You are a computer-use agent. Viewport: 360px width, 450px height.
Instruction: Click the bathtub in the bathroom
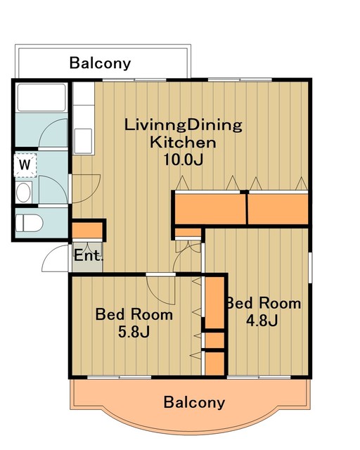(41, 98)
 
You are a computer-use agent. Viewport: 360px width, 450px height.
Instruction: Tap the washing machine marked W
(25, 165)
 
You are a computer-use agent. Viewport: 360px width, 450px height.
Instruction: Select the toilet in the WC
(29, 224)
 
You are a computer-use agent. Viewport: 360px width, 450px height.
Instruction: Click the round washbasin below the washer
(23, 192)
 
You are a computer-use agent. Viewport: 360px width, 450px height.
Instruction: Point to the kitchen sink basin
(83, 141)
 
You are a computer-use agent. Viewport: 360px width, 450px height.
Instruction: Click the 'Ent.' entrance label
(88, 255)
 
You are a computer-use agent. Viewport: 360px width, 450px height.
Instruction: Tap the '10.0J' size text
(183, 160)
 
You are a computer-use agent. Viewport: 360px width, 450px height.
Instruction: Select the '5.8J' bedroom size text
(134, 332)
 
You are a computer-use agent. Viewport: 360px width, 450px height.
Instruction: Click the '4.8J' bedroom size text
(262, 321)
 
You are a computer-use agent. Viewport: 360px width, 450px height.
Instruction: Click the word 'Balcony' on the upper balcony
(100, 63)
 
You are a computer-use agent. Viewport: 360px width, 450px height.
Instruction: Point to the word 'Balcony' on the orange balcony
(194, 402)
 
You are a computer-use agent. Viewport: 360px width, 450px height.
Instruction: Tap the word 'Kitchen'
(183, 142)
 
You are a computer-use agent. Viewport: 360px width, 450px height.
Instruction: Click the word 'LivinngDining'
(183, 125)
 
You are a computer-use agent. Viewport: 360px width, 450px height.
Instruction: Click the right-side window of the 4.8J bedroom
(310, 267)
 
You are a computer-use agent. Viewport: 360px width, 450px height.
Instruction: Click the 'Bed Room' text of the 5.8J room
(134, 314)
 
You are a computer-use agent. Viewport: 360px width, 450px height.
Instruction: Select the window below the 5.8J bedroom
(119, 377)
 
